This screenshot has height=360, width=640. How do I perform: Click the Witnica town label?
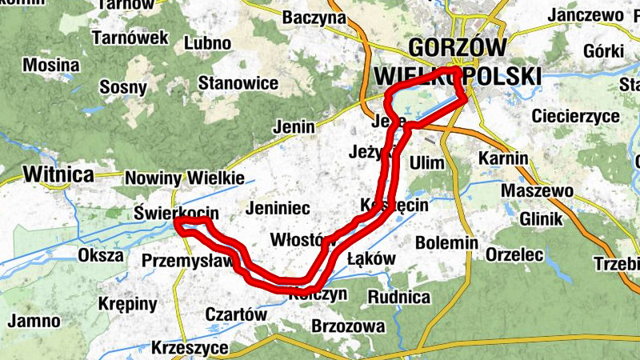point(58,174)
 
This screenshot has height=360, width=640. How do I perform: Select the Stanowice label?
point(238,83)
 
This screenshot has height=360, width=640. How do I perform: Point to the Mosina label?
point(51,65)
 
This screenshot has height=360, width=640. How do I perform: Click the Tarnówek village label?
point(130,38)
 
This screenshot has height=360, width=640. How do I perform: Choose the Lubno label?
point(207,42)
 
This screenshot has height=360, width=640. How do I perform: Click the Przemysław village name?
point(187,260)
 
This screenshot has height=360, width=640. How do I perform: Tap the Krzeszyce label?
point(190,349)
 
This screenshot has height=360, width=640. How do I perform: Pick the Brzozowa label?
point(348,326)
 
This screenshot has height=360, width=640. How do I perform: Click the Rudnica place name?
point(399,298)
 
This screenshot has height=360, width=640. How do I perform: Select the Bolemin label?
point(446,242)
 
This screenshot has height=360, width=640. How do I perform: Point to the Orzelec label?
point(514,255)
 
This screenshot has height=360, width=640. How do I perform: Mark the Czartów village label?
point(236,314)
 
